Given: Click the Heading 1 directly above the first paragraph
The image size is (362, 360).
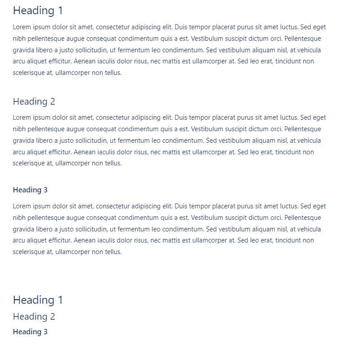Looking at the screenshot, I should (38, 11).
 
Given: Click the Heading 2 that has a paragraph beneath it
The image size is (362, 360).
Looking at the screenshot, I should (34, 102).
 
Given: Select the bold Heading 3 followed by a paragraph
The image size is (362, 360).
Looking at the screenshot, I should (30, 190).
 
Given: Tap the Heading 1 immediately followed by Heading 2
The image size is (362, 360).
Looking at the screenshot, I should (38, 300).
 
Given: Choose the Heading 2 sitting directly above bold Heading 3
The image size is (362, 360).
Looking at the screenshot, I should (34, 317).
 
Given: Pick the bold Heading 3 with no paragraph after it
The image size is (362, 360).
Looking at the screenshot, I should (30, 332).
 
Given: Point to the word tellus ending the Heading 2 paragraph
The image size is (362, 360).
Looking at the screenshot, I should (113, 163).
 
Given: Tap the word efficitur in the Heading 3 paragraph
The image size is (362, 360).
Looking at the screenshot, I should (59, 240).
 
